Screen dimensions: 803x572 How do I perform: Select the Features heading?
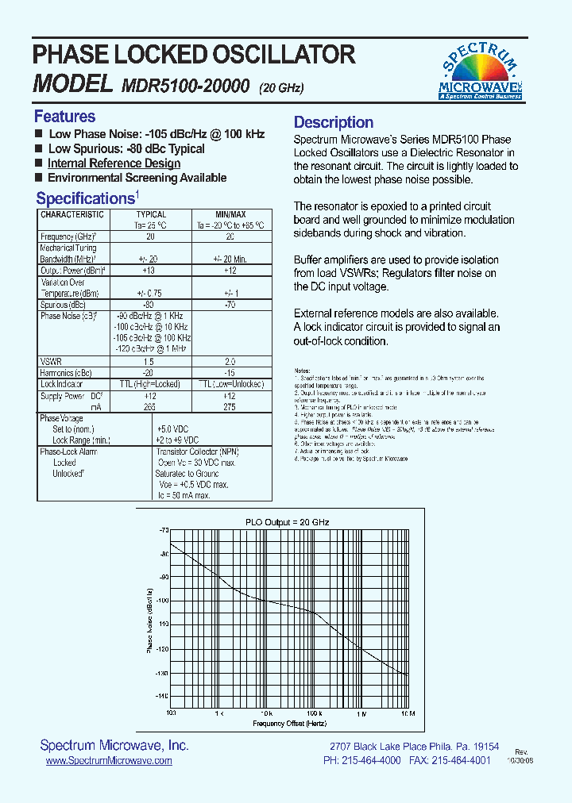click(64, 117)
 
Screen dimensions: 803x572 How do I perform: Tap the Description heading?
click(334, 122)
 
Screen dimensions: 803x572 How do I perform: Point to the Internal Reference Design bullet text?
click(114, 163)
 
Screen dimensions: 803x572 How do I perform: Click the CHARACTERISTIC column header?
click(72, 214)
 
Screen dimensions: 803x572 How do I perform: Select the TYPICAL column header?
click(151, 214)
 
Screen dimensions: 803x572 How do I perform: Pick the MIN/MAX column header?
click(230, 214)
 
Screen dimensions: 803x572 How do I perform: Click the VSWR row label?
click(51, 362)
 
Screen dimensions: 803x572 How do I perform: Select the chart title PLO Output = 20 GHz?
click(287, 522)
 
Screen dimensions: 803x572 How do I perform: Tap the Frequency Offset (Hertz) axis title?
click(290, 724)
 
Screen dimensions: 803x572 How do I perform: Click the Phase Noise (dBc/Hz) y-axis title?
click(149, 621)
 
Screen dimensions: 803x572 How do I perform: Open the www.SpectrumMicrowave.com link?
click(109, 761)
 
